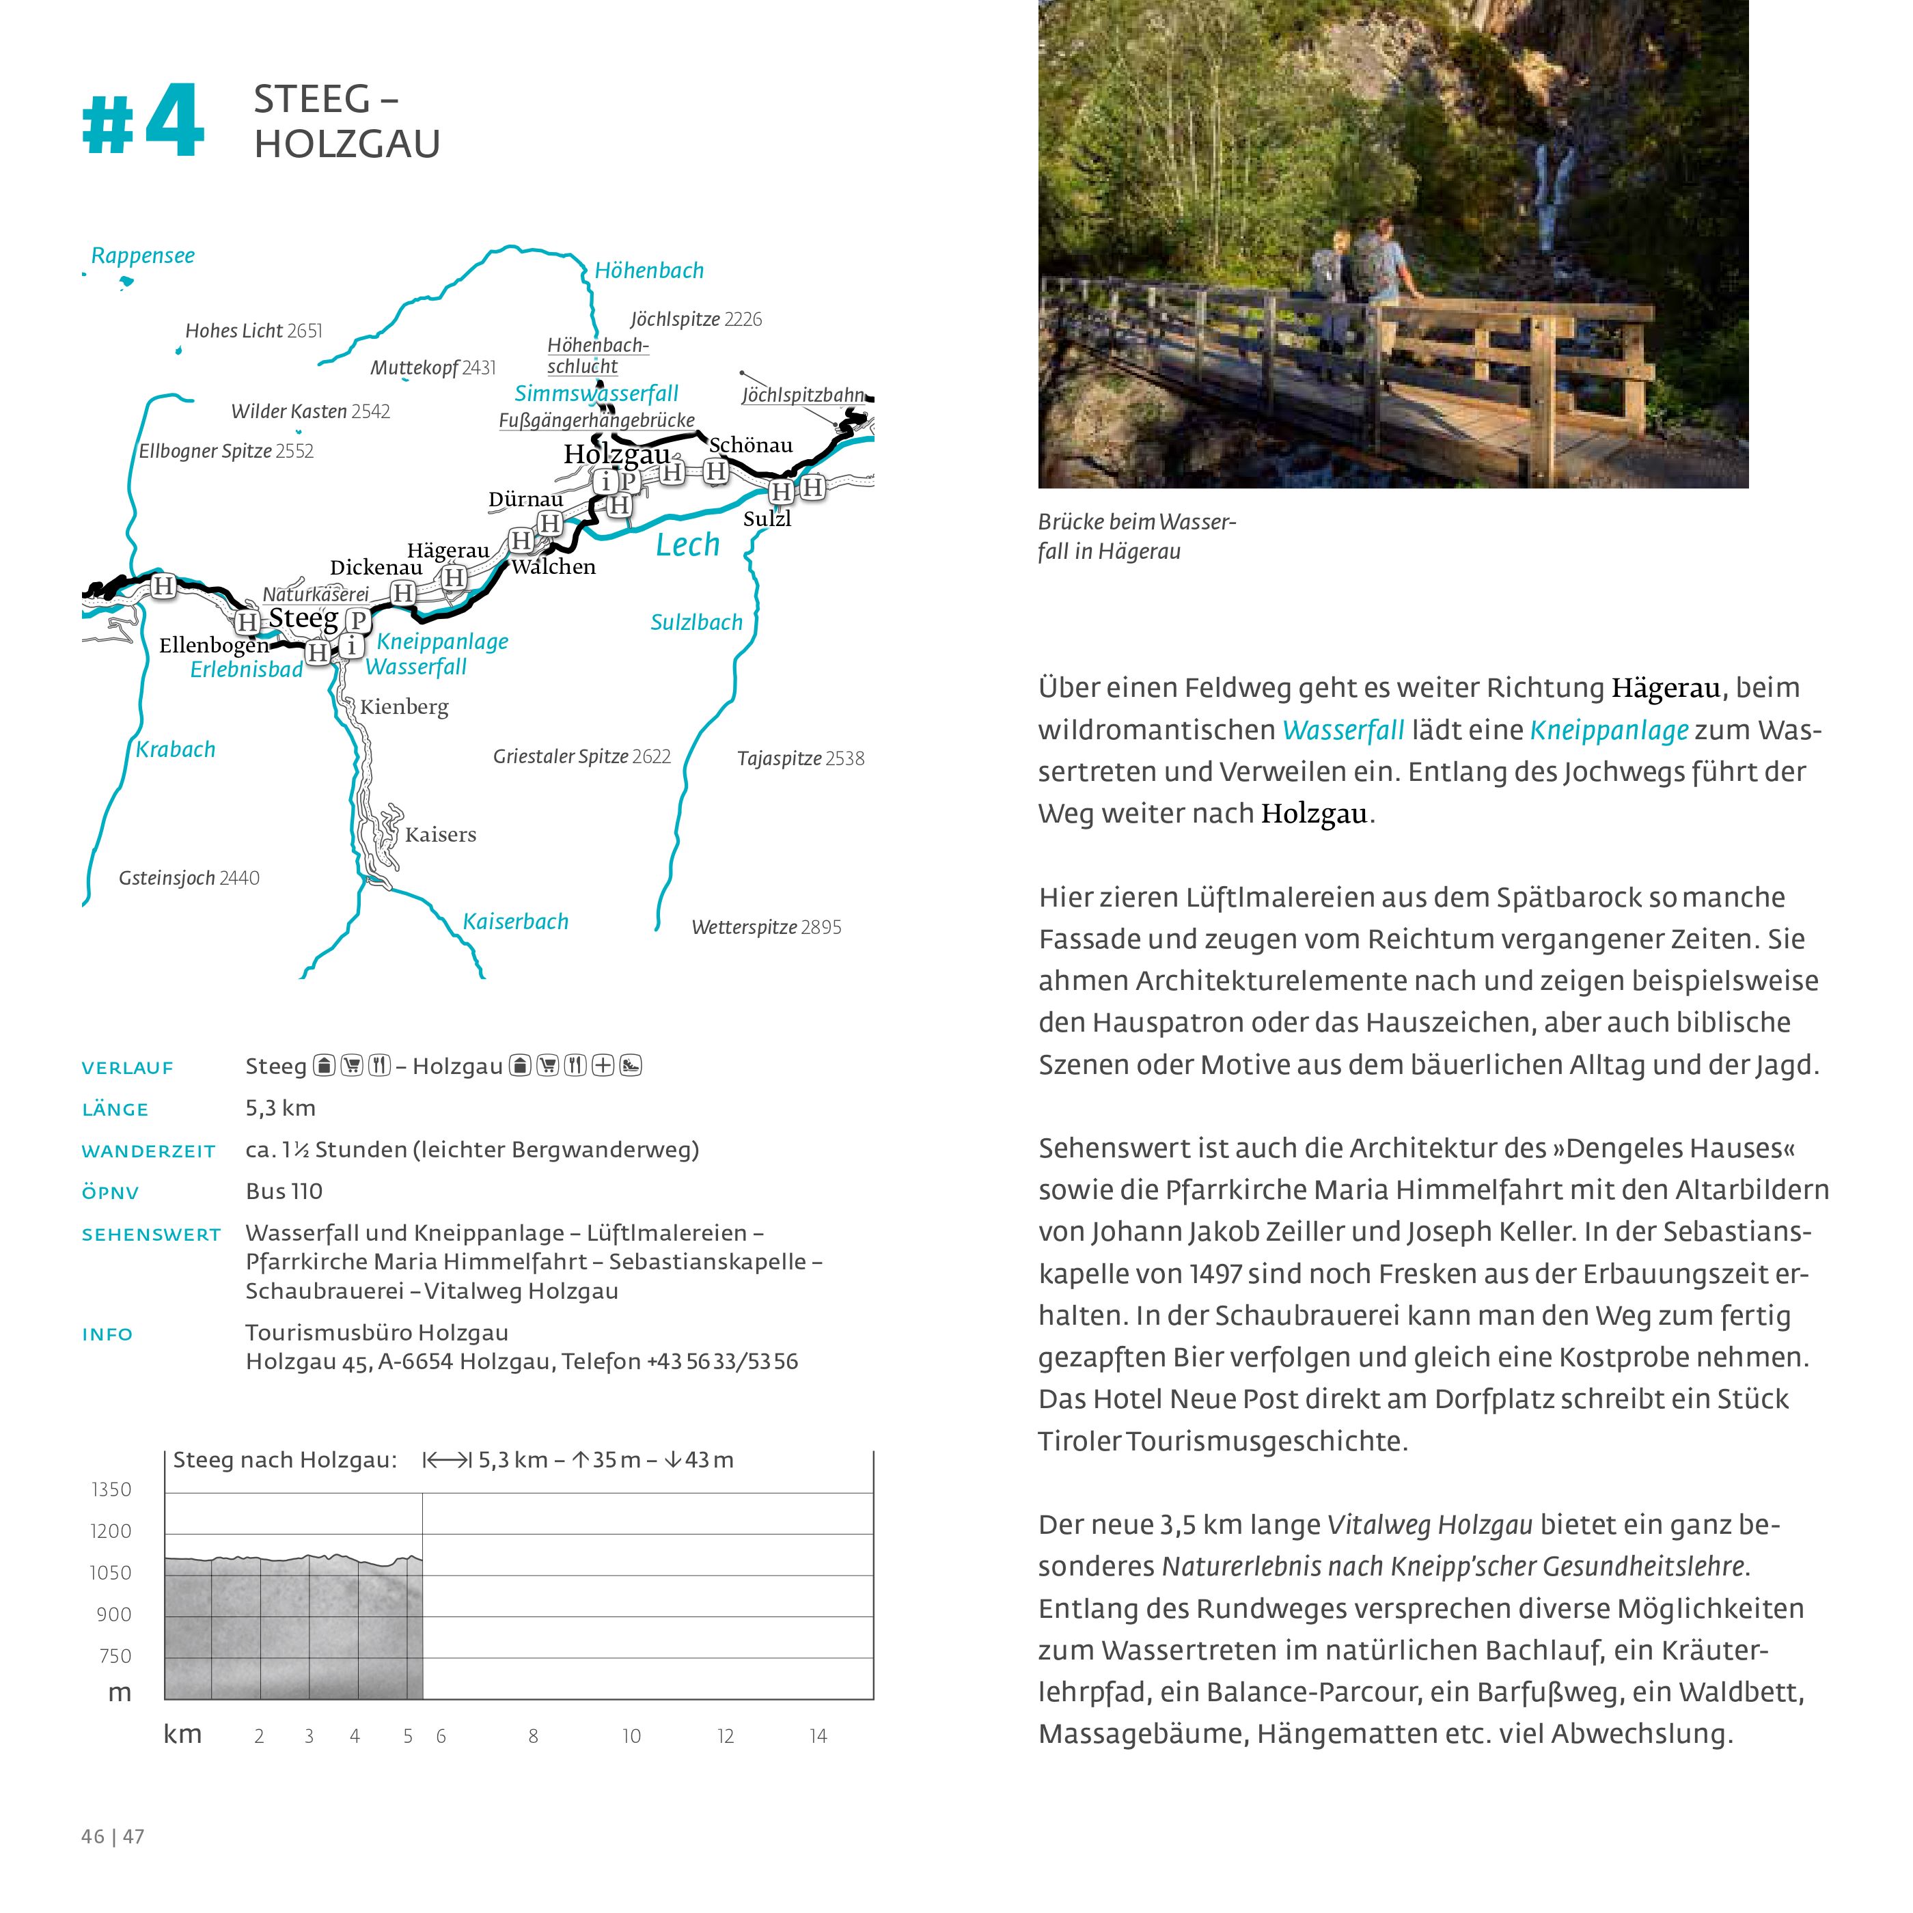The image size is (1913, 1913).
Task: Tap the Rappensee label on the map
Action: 143,256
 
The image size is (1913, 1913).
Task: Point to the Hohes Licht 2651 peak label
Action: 253,331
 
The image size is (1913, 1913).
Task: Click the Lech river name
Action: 687,545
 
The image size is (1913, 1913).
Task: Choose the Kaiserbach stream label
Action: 515,922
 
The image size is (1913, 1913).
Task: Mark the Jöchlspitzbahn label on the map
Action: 802,395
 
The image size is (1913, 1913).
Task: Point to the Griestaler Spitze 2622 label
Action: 581,756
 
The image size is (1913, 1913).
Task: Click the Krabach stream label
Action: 176,749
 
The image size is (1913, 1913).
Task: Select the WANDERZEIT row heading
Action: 148,1152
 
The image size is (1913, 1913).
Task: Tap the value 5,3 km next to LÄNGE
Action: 280,1108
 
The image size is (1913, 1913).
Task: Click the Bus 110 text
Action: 284,1191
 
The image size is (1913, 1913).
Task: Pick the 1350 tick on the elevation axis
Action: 111,1489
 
